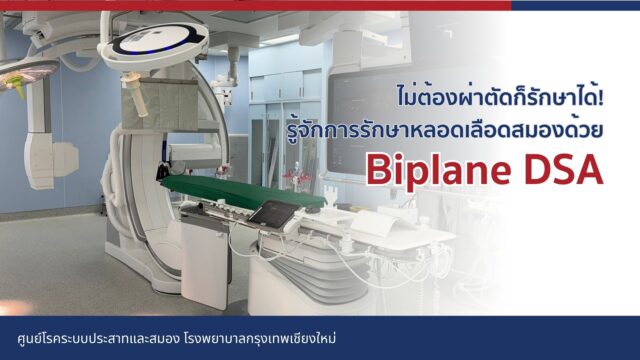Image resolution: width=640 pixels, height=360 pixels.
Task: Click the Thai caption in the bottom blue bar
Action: point(169,338)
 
